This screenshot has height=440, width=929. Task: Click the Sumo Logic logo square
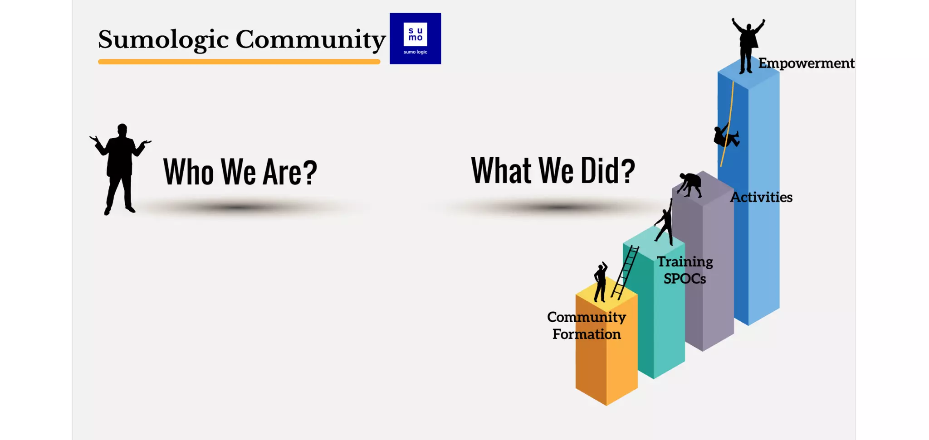415,39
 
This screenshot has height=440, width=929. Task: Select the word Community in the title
310,39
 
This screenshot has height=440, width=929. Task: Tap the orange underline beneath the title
239,62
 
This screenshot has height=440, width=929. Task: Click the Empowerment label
806,63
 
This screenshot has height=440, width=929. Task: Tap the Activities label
761,197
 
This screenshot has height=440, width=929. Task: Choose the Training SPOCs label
685,270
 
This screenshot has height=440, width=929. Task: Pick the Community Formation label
586,325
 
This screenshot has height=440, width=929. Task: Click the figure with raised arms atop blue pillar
747,45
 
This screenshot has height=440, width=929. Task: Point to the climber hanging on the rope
726,135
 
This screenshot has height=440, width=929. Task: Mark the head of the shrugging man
122,130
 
